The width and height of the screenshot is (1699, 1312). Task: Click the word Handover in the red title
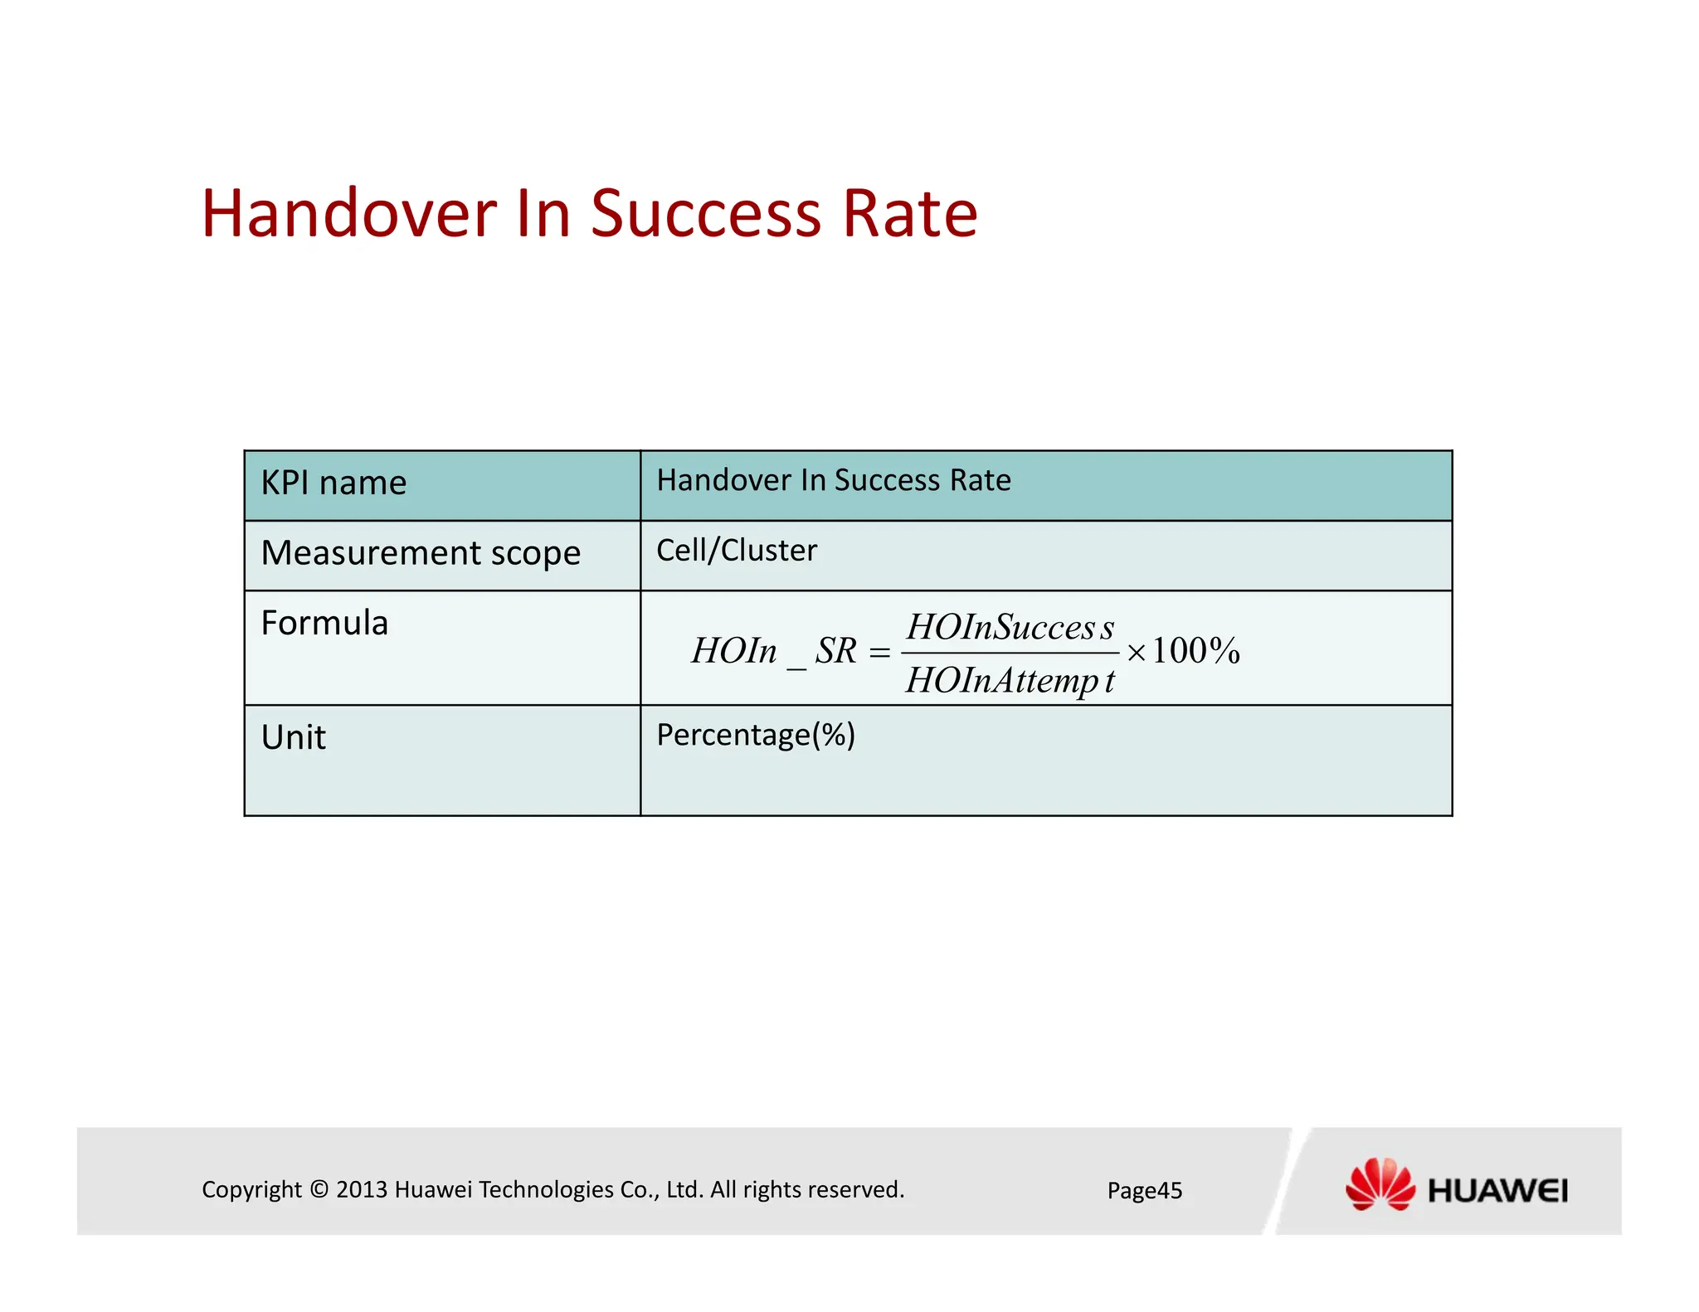click(x=348, y=214)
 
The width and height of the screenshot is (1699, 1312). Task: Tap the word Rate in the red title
click(x=909, y=214)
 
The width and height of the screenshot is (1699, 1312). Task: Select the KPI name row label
click(x=333, y=483)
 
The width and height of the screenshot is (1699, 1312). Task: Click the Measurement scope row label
click(x=421, y=553)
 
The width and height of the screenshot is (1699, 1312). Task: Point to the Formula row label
click(x=324, y=623)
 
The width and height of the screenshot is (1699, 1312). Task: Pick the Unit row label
click(x=294, y=737)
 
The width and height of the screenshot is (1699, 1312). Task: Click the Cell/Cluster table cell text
click(x=737, y=551)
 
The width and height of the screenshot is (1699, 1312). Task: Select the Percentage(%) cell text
click(x=756, y=735)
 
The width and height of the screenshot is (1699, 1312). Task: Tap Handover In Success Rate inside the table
click(x=834, y=480)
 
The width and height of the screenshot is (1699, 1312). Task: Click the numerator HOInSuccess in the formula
click(x=1010, y=627)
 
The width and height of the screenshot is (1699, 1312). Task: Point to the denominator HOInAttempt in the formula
click(x=1010, y=681)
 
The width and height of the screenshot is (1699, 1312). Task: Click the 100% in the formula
click(x=1195, y=651)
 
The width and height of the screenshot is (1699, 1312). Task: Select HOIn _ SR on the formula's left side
click(x=773, y=652)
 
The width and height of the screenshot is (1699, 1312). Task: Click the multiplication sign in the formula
click(x=1137, y=654)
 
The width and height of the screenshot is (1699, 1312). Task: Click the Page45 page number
click(x=1144, y=1191)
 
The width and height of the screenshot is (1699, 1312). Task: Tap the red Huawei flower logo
click(x=1380, y=1184)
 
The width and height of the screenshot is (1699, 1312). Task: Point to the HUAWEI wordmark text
click(x=1497, y=1192)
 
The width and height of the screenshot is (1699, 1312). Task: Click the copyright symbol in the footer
click(x=319, y=1190)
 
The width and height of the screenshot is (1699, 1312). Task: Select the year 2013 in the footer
click(x=362, y=1190)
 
